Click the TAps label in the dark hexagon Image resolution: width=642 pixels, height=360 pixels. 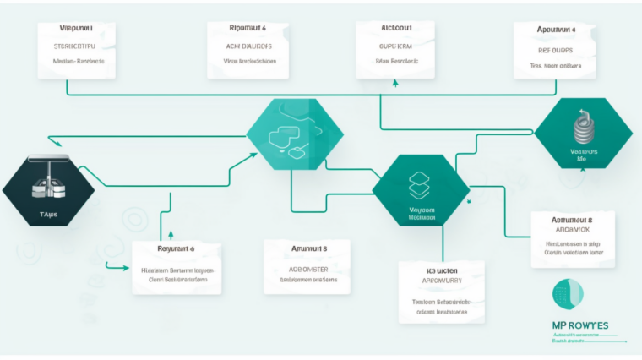[49, 215]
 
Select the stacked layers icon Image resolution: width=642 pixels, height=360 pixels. [420, 185]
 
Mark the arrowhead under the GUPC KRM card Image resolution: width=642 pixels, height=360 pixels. [395, 84]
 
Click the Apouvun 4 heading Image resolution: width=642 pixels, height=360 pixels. [556, 28]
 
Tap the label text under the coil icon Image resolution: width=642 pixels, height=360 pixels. [582, 153]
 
